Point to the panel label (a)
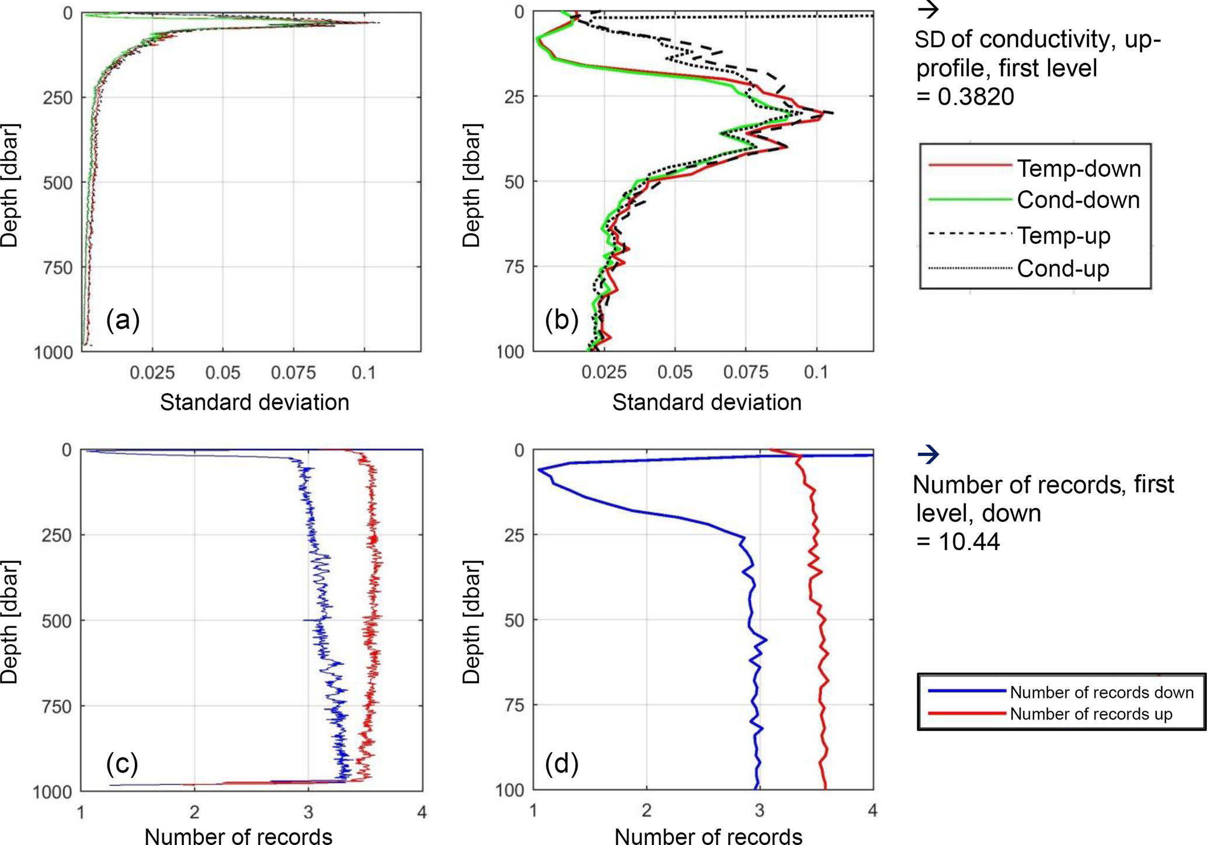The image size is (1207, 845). pyautogui.click(x=123, y=320)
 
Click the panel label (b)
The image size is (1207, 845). pyautogui.click(x=561, y=320)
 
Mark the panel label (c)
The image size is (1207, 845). pyautogui.click(x=122, y=763)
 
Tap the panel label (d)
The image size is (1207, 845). pyautogui.click(x=561, y=763)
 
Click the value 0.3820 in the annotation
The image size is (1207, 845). pyautogui.click(x=976, y=96)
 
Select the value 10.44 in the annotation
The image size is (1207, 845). pyautogui.click(x=969, y=541)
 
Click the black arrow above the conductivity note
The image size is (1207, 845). pyautogui.click(x=928, y=9)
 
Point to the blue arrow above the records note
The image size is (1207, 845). pyautogui.click(x=928, y=454)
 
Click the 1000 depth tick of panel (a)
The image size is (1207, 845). pyautogui.click(x=53, y=353)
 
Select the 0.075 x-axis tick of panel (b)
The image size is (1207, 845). pyautogui.click(x=746, y=372)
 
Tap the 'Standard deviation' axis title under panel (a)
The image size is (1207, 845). pyautogui.click(x=255, y=402)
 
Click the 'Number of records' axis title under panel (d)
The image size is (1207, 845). pyautogui.click(x=708, y=836)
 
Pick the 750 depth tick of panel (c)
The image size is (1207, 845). pyautogui.click(x=56, y=707)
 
